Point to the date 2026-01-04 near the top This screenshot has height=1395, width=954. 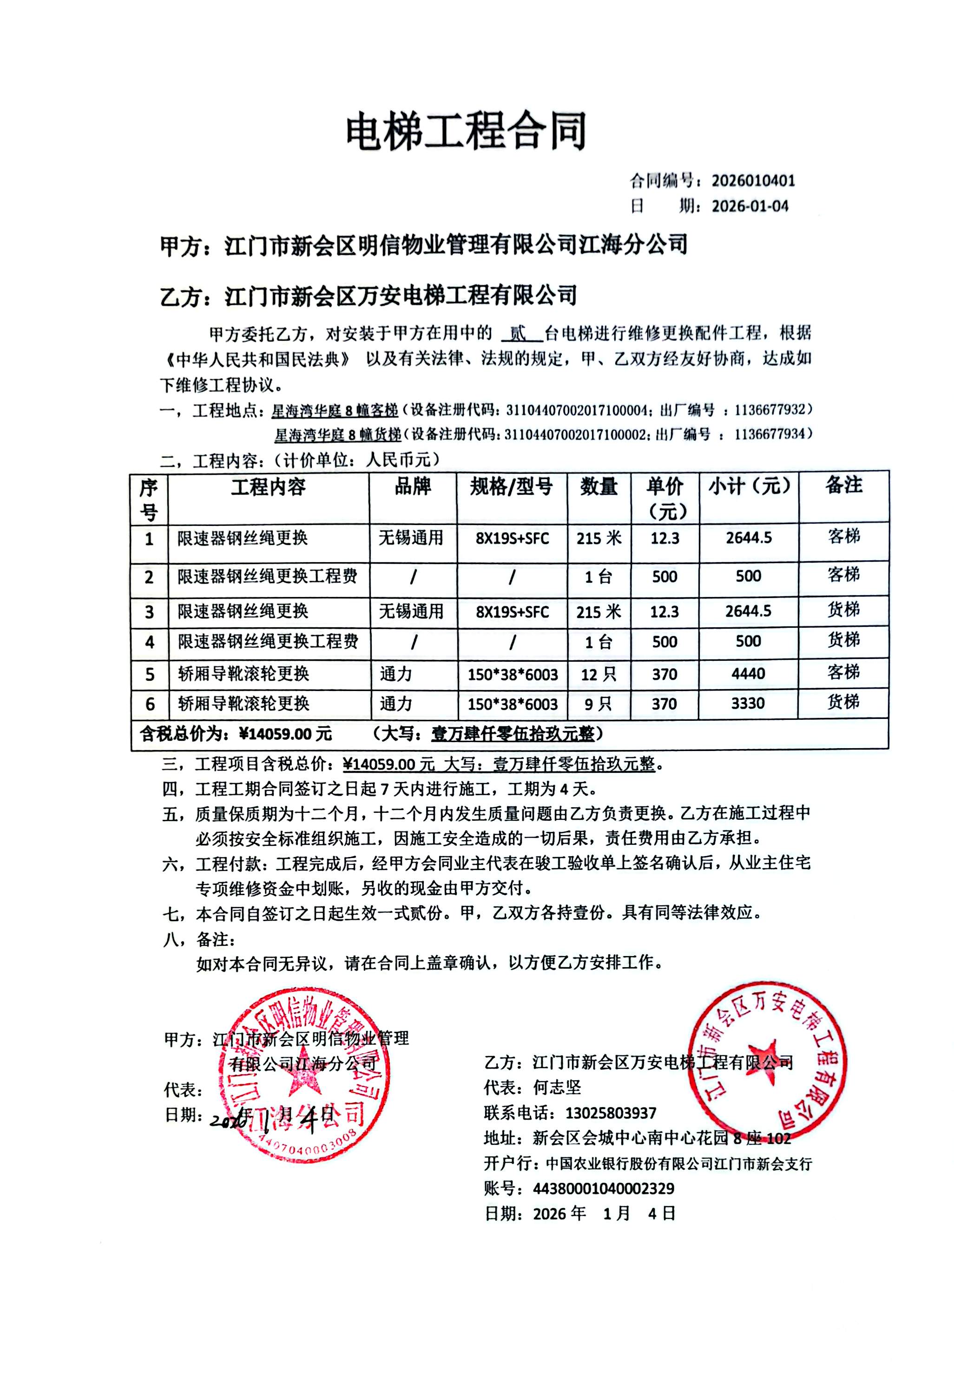click(x=750, y=206)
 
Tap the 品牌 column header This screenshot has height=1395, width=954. click(x=413, y=486)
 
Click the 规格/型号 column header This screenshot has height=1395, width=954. click(x=511, y=486)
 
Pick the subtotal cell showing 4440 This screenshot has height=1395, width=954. click(x=748, y=673)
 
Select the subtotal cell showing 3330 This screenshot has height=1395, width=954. click(x=748, y=704)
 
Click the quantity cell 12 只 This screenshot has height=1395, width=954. click(x=598, y=674)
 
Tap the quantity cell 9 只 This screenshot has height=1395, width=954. click(x=598, y=704)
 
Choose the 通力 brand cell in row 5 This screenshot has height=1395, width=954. click(x=396, y=674)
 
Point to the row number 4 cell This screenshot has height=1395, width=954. click(x=150, y=642)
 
